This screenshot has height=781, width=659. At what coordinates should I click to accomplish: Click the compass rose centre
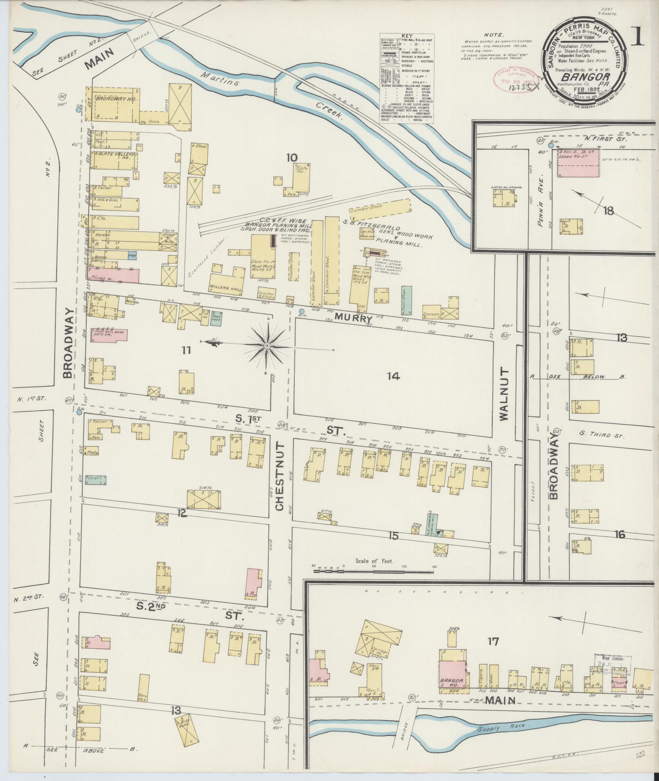pyautogui.click(x=267, y=346)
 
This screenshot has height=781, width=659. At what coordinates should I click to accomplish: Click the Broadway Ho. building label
pyautogui.click(x=112, y=99)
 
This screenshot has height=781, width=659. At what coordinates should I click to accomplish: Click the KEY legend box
pyautogui.click(x=407, y=78)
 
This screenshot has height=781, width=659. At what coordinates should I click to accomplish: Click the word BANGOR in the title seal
pyautogui.click(x=585, y=76)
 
